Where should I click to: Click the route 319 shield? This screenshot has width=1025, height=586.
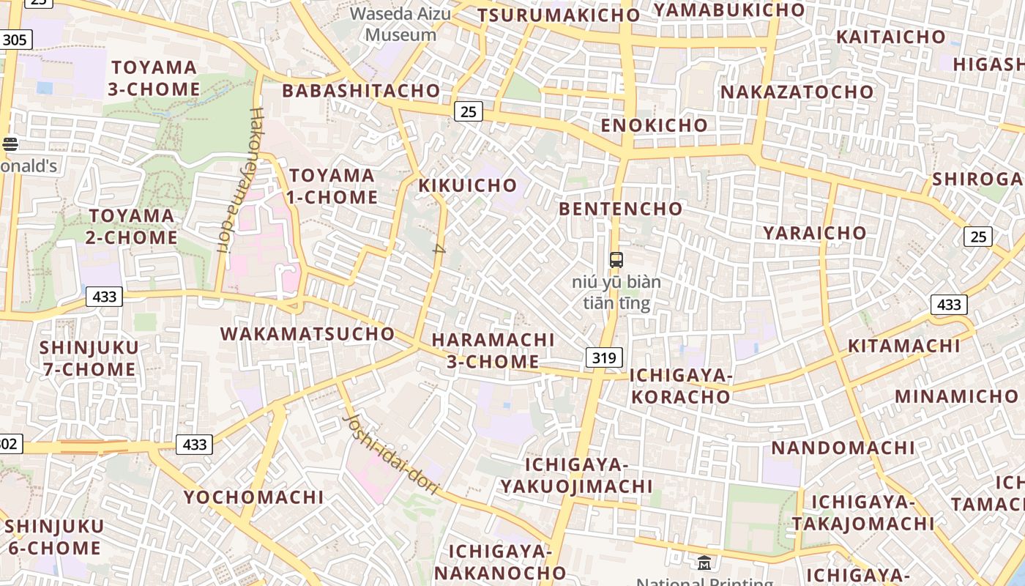(604, 357)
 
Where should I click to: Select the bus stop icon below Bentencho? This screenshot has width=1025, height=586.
(616, 259)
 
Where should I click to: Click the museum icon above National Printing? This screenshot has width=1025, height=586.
(704, 563)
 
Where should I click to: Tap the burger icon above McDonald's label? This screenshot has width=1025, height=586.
(10, 144)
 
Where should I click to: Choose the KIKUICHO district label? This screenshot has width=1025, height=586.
(468, 185)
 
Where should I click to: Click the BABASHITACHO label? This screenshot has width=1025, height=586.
(361, 91)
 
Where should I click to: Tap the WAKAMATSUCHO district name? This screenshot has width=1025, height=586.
(307, 334)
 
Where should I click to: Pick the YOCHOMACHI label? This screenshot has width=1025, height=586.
(253, 497)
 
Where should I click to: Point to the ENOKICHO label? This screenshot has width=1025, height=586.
(655, 125)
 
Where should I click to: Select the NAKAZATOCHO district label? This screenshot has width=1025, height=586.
(797, 92)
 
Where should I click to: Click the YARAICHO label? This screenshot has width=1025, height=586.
(815, 233)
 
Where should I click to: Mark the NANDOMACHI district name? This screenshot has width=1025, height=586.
(843, 448)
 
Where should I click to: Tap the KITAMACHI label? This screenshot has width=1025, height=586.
(903, 346)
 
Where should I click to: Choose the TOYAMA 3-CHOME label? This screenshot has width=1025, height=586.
(154, 78)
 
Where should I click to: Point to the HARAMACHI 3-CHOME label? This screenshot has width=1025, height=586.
(493, 351)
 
